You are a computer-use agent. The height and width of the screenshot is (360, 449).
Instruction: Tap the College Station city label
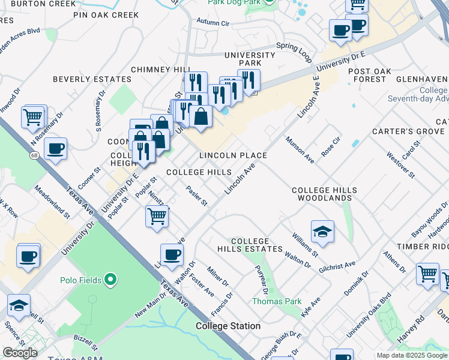coord(228,326)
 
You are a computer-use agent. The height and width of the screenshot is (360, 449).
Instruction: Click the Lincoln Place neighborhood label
coord(233,155)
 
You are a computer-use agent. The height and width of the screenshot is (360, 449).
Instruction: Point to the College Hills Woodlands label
coord(324,194)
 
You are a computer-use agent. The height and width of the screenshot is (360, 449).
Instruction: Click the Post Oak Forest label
coord(370,75)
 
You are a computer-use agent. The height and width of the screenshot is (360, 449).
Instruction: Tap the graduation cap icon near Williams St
coord(322,232)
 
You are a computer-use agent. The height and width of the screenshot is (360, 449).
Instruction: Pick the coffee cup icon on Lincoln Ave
coord(172,254)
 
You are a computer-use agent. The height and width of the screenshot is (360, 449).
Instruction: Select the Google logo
coord(20,353)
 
